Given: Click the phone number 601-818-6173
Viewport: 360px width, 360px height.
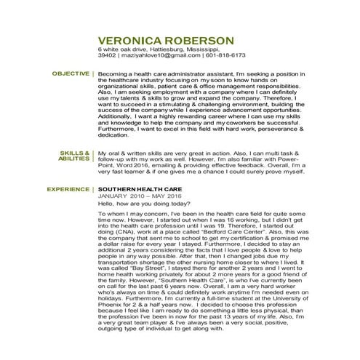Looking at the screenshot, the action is (x=225, y=55).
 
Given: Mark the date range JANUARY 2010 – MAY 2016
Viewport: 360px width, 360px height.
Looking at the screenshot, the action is (x=137, y=196).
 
